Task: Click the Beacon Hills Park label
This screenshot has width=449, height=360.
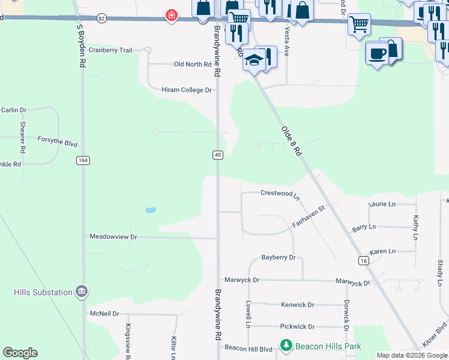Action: coord(328,346)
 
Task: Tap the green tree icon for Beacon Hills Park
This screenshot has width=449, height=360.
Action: coord(286,346)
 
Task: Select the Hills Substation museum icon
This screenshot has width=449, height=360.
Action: coord(82,292)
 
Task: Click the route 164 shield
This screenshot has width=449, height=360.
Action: coord(82,160)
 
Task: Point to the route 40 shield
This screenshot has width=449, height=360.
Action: coord(218,155)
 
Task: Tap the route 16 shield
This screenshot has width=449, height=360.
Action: coord(363,260)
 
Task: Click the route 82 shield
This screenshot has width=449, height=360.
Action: coord(101,19)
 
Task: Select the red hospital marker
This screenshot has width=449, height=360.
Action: coord(172,14)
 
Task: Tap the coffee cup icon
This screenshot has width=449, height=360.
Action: coord(376,53)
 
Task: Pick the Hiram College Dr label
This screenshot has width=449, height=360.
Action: coord(187,90)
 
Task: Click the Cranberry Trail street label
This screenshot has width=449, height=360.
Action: coord(110,50)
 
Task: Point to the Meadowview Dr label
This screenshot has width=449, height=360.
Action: coord(113,237)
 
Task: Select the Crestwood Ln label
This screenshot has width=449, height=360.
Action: coord(280,194)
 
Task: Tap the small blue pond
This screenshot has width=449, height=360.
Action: coord(151,210)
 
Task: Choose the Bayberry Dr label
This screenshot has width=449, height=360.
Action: coord(279,257)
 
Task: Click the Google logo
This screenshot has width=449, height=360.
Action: coord(20,353)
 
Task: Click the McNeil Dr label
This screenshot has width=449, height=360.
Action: coord(104,313)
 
